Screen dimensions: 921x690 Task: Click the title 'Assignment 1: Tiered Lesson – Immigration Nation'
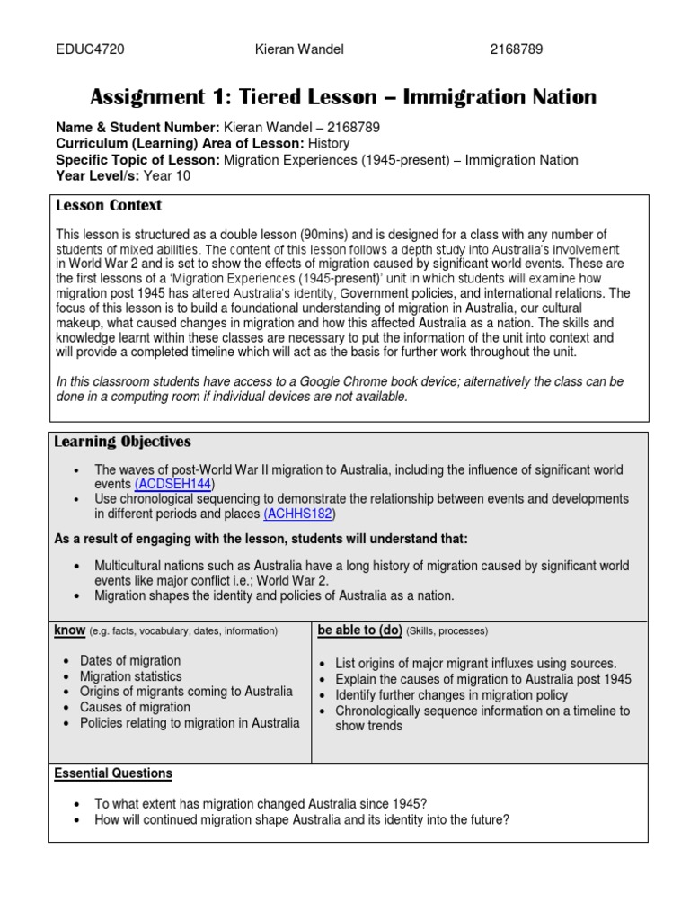[x=343, y=97]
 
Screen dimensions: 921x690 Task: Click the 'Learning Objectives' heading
[x=122, y=442]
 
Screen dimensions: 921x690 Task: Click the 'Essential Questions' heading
[x=113, y=773]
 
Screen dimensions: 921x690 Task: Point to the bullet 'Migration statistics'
[x=131, y=676]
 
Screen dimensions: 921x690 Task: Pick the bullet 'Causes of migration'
[x=135, y=707]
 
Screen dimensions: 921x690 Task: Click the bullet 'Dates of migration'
[x=130, y=661]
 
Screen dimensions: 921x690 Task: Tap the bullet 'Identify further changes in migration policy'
[x=451, y=695]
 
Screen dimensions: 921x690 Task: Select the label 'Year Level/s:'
[x=97, y=175]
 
